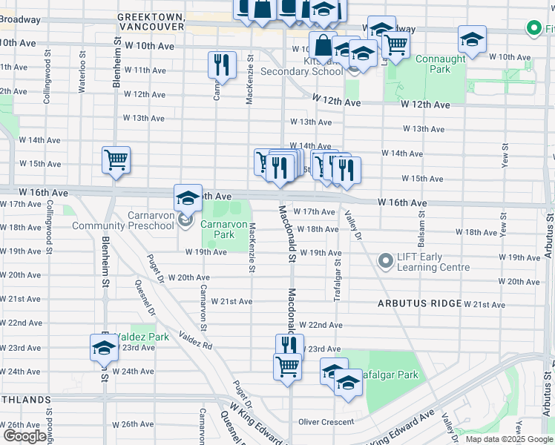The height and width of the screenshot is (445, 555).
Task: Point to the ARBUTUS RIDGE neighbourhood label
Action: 419,304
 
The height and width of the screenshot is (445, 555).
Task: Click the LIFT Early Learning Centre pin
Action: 385,261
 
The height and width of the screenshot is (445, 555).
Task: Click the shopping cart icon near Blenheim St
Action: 116,160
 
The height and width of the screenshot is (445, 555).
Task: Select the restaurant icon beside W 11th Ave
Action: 223,65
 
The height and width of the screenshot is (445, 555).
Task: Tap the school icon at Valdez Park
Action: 104,347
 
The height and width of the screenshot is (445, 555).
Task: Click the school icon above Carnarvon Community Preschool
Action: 188,197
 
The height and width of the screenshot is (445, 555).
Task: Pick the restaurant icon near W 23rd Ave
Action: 289,346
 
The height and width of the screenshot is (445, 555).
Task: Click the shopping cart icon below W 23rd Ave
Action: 287,365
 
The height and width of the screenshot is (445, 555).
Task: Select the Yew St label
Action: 505,154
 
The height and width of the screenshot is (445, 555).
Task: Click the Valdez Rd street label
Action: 195,340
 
